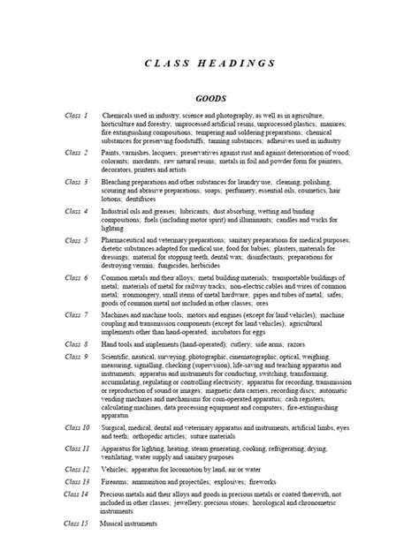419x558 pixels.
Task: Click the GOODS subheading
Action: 209,99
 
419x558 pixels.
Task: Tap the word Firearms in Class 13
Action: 118,482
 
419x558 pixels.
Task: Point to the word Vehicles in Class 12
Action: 117,470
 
